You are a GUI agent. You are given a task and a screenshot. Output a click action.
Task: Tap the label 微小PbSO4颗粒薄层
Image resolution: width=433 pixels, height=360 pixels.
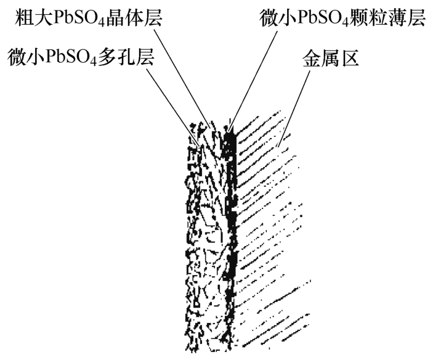(342, 18)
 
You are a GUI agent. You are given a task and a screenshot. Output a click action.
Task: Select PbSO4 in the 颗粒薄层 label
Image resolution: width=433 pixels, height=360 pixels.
(321, 18)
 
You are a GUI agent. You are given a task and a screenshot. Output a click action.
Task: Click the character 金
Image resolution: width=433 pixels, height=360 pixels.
(310, 59)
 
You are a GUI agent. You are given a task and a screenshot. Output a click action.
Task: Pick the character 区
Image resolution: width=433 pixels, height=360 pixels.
(349, 59)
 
